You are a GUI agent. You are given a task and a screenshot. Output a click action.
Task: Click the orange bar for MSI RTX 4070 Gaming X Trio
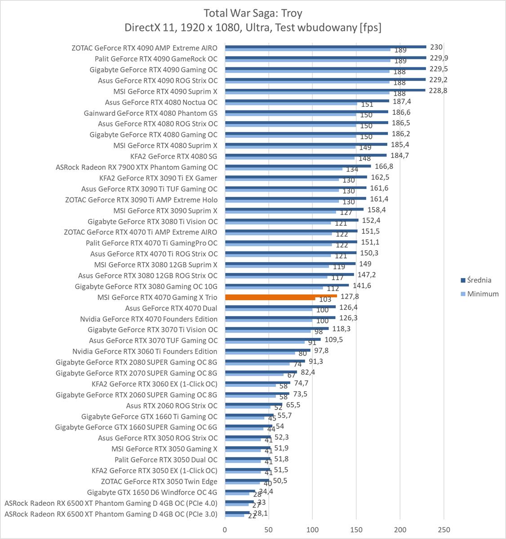pyautogui.click(x=280, y=296)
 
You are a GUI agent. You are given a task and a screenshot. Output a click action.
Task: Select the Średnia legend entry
pyautogui.click(x=479, y=280)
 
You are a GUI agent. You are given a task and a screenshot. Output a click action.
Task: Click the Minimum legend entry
pyautogui.click(x=483, y=294)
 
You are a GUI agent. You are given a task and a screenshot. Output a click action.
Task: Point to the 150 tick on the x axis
pyautogui.click(x=356, y=530)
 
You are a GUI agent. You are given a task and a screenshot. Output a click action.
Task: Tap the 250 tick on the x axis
pyautogui.click(x=444, y=530)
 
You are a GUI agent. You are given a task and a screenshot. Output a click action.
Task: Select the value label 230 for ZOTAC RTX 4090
pyautogui.click(x=436, y=47)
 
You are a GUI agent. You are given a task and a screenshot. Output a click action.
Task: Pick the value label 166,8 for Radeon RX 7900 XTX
pyautogui.click(x=383, y=166)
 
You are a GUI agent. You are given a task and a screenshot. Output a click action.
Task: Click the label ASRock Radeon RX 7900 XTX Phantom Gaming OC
pyautogui.click(x=137, y=167)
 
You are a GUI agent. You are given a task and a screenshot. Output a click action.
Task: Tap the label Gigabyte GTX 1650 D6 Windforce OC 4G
pyautogui.click(x=152, y=492)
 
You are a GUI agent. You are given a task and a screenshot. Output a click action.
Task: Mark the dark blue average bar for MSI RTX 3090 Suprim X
pyautogui.click(x=294, y=209)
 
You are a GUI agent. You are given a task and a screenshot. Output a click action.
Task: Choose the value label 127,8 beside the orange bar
pyautogui.click(x=350, y=296)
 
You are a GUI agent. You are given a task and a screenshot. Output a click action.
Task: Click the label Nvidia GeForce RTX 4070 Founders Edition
pyautogui.click(x=149, y=319)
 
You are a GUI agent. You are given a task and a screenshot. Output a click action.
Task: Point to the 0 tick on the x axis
pyautogui.click(x=225, y=530)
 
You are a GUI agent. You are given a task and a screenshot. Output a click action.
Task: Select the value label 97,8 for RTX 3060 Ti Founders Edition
pyautogui.click(x=321, y=351)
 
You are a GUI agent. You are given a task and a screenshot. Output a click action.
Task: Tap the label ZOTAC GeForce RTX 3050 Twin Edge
pyautogui.click(x=159, y=482)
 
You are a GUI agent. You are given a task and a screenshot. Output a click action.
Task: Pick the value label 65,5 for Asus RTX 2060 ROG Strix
pyautogui.click(x=293, y=405)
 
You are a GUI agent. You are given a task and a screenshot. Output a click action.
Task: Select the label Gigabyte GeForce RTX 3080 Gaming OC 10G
pyautogui.click(x=146, y=287)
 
